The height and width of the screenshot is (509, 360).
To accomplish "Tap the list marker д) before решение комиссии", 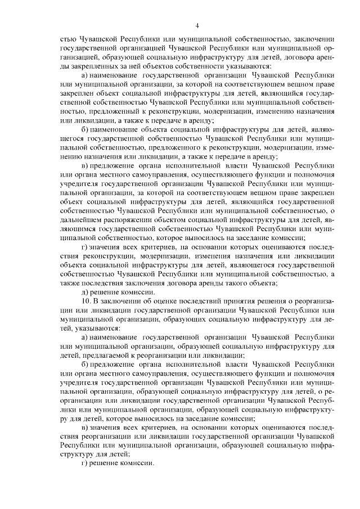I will tap(85, 292).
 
